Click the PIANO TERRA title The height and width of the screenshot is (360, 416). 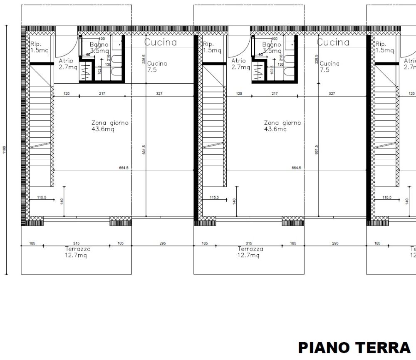[354, 348]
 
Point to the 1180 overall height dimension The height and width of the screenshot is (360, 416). [4, 150]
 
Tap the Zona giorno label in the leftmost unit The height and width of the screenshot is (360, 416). [110, 126]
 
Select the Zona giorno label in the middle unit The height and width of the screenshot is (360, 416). [282, 126]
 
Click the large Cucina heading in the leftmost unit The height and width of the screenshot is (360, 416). [161, 42]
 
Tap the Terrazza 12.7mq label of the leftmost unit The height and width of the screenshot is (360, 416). [78, 252]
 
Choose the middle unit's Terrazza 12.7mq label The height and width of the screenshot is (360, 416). [250, 252]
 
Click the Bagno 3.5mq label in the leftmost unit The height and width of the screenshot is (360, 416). [99, 47]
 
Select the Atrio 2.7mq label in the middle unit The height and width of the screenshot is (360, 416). [240, 64]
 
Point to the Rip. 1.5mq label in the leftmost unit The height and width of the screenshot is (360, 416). [40, 47]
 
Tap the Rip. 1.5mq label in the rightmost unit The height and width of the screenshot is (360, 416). [384, 47]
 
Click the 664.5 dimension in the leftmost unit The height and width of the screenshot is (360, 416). [124, 168]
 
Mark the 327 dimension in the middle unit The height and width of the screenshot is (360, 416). [332, 94]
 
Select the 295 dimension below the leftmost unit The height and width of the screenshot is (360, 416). [163, 243]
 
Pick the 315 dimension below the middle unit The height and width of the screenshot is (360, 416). [249, 243]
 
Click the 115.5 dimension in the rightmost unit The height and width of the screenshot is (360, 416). [387, 197]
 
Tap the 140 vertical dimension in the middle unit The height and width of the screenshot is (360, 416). [234, 201]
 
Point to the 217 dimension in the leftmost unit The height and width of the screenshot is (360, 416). [102, 94]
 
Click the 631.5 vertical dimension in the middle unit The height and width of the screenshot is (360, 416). [316, 149]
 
